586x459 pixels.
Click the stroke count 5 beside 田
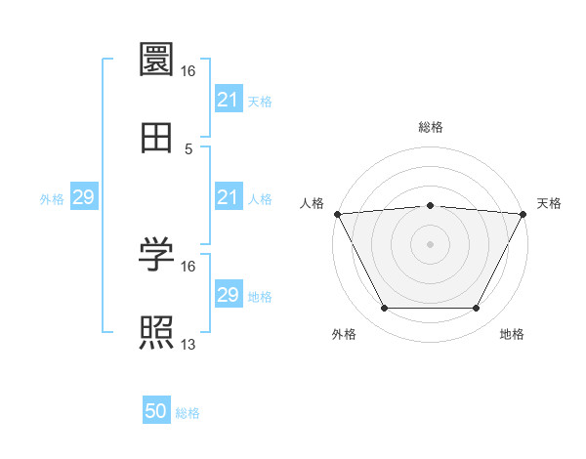click(188, 149)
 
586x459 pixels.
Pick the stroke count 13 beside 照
click(188, 345)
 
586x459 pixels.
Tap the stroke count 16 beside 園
click(188, 71)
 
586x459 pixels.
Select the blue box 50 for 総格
click(156, 412)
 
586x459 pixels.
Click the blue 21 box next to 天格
click(228, 100)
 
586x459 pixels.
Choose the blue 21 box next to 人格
click(228, 197)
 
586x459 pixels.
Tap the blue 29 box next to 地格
click(228, 295)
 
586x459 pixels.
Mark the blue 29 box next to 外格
click(83, 197)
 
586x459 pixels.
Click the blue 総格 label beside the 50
click(188, 413)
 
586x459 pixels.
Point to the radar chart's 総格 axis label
click(430, 127)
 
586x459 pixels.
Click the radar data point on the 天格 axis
click(523, 213)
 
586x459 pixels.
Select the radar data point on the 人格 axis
click(336, 213)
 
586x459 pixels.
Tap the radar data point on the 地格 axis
click(477, 309)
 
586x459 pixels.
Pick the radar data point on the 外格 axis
click(383, 309)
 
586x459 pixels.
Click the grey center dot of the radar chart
click(430, 243)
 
